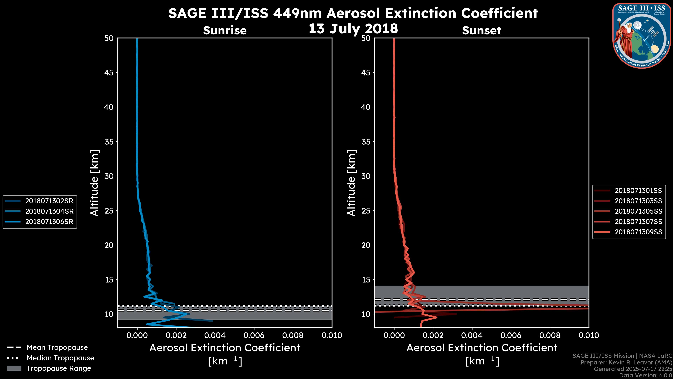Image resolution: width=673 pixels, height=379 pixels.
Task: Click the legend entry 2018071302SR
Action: click(x=49, y=201)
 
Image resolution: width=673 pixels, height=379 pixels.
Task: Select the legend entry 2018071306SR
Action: click(x=49, y=222)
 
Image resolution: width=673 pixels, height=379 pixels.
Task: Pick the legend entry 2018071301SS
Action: click(x=638, y=190)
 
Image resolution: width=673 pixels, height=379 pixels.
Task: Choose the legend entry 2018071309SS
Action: click(x=638, y=232)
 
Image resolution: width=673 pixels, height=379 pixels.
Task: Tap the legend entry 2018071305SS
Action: click(x=638, y=211)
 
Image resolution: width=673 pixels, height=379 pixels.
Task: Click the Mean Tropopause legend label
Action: click(x=57, y=347)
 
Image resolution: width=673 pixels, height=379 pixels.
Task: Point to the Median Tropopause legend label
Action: click(x=60, y=358)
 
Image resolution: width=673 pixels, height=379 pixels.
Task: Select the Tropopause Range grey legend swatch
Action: click(x=14, y=368)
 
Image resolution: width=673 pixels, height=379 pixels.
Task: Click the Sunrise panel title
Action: click(x=225, y=30)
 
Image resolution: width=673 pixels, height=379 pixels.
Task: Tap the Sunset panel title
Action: click(x=481, y=30)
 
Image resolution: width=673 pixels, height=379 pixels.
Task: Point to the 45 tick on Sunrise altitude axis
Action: click(x=109, y=72)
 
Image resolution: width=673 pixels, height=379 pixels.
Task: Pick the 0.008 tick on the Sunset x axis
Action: click(x=550, y=335)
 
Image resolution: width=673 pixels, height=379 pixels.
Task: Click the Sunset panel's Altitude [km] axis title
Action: click(x=351, y=183)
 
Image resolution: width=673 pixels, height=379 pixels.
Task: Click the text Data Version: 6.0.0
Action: click(x=646, y=375)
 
